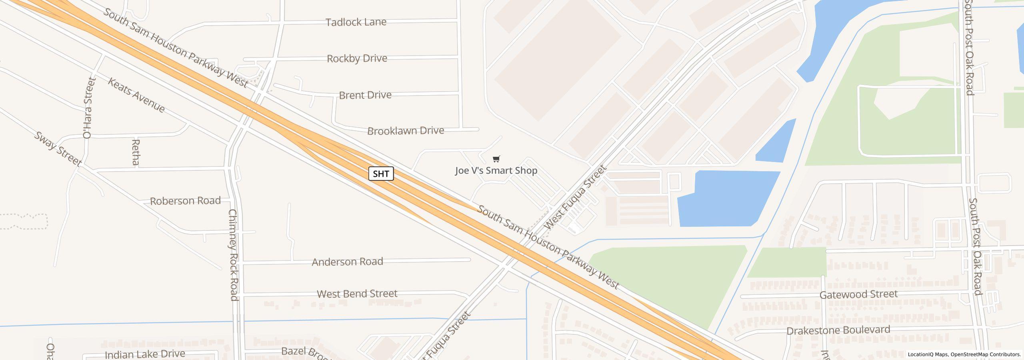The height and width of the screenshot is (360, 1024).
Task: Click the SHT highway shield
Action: click(381, 174)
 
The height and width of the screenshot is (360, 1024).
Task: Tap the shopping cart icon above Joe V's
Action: click(496, 159)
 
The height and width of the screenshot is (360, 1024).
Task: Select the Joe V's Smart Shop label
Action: click(496, 171)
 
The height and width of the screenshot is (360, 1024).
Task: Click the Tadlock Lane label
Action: click(356, 22)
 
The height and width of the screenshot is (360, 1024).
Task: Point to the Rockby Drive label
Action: click(357, 58)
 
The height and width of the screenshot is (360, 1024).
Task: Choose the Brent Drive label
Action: click(365, 95)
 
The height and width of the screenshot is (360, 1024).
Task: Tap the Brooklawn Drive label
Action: click(405, 131)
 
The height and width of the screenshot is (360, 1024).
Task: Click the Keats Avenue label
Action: click(136, 95)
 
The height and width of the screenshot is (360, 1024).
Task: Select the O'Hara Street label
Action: click(88, 108)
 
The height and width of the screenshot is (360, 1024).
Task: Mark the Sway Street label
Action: click(58, 149)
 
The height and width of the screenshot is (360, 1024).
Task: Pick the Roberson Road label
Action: click(185, 200)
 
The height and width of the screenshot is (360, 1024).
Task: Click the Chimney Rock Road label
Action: click(234, 254)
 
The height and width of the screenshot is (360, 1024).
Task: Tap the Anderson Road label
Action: click(347, 262)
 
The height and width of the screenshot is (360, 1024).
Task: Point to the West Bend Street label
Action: click(357, 294)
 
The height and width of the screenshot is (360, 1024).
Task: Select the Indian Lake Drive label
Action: click(145, 354)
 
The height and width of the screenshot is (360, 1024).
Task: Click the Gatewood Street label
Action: click(858, 294)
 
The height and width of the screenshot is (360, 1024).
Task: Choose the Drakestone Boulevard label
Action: click(838, 330)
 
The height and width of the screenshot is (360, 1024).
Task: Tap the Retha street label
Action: click(136, 152)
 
